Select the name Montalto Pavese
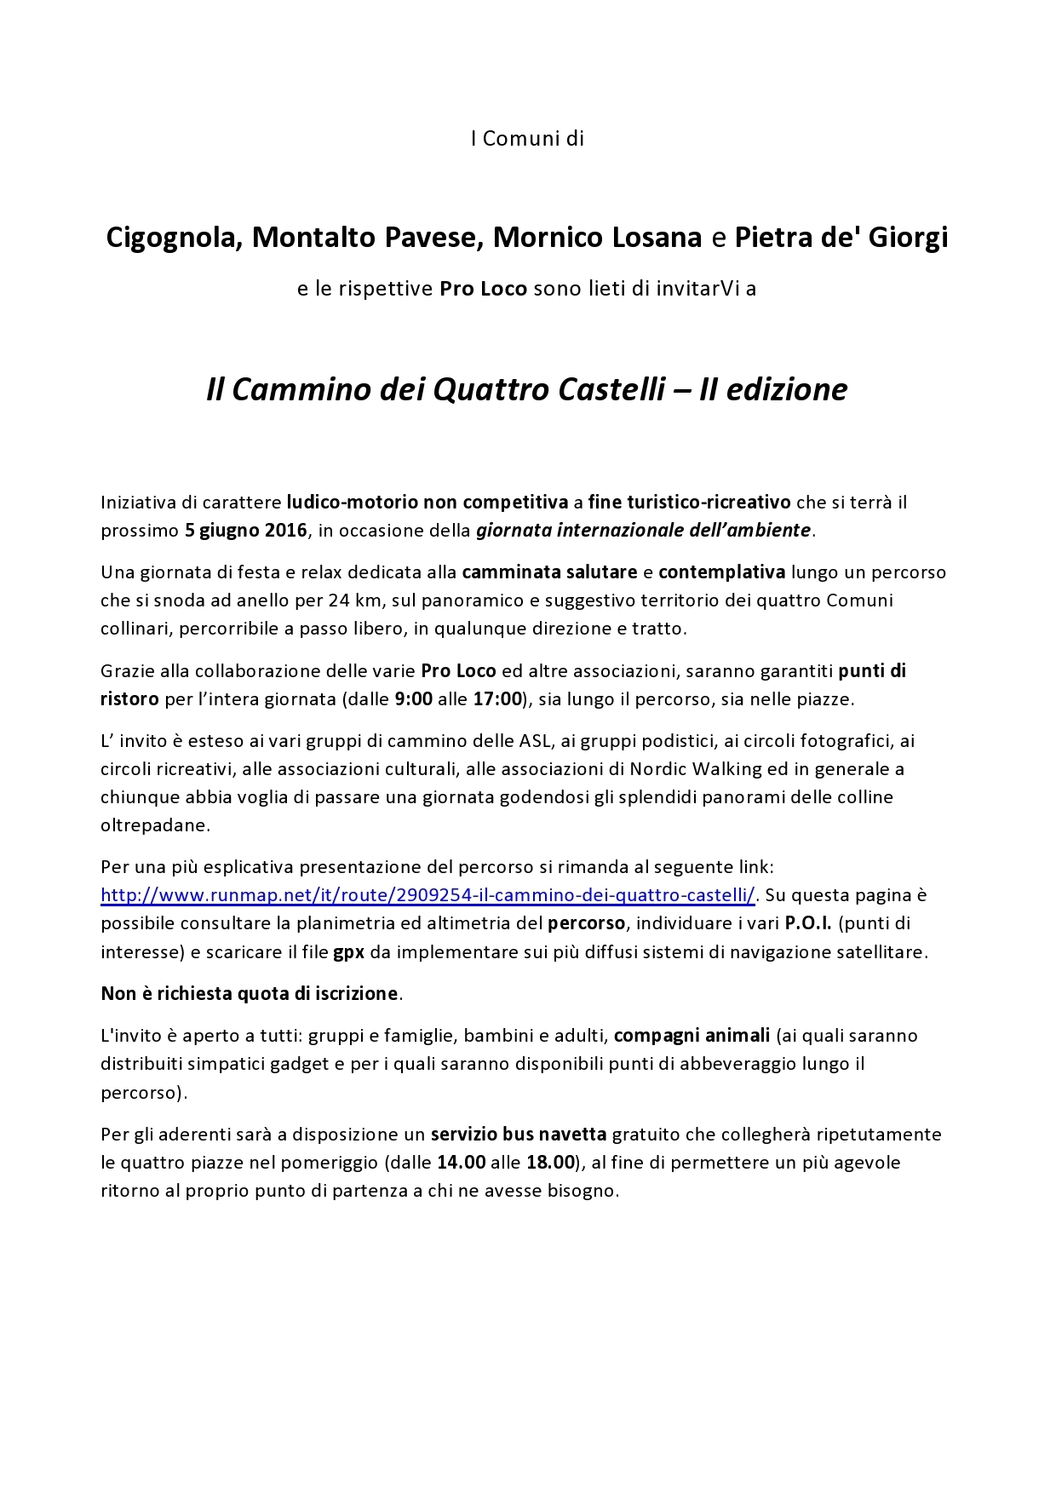click(x=367, y=238)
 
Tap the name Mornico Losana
click(x=597, y=238)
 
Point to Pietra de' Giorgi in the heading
click(x=841, y=238)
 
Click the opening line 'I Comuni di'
click(x=527, y=139)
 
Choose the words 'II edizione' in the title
click(x=773, y=390)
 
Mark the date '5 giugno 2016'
click(x=245, y=531)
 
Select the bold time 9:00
click(x=414, y=699)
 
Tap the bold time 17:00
click(x=497, y=699)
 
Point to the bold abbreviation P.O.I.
click(x=808, y=923)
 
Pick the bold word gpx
click(x=348, y=952)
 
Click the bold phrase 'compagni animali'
click(x=692, y=1036)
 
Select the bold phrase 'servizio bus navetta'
click(x=519, y=1135)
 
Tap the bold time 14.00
click(x=462, y=1163)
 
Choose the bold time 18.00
click(x=550, y=1163)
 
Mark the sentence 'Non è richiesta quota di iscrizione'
click(x=250, y=994)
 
